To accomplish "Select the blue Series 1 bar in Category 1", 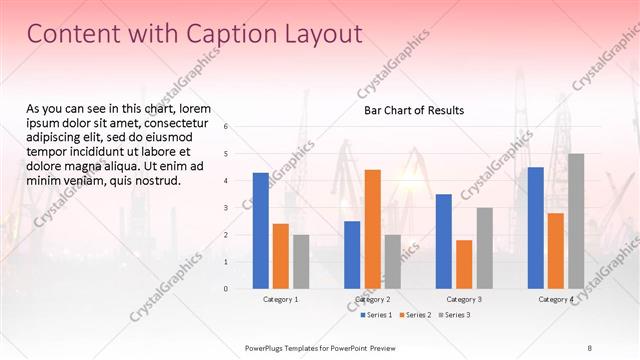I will (260, 231).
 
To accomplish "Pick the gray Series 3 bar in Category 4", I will (575, 221).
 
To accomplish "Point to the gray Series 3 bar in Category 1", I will (301, 262).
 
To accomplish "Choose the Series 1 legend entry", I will (376, 315).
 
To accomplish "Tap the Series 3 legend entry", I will (454, 315).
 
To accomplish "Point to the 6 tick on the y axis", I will (226, 127).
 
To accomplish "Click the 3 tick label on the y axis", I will (226, 208).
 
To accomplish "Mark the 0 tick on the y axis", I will (226, 289).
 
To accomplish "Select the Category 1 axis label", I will (281, 299).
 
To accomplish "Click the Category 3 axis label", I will (464, 299).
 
